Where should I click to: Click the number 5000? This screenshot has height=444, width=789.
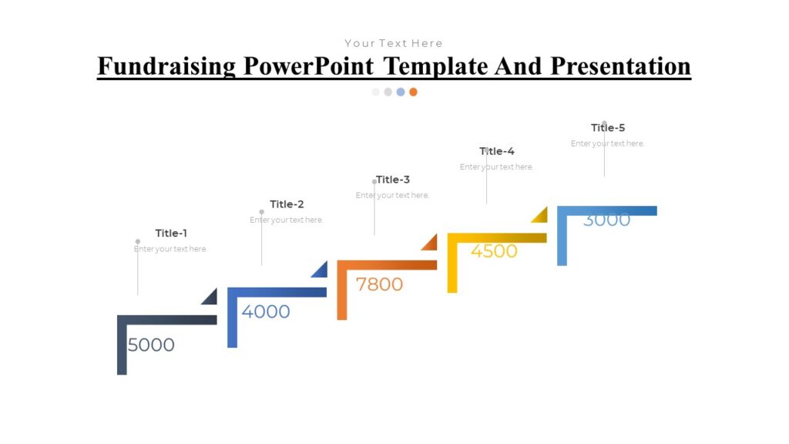click(151, 345)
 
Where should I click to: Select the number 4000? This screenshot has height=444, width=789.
click(266, 312)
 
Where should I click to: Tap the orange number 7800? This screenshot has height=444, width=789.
click(379, 284)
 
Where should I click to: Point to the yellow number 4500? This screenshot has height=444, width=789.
click(494, 251)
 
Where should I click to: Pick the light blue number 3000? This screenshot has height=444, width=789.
click(606, 220)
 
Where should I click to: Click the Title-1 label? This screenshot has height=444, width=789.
click(171, 234)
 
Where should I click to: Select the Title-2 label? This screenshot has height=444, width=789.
click(287, 204)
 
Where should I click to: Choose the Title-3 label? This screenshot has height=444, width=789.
click(393, 180)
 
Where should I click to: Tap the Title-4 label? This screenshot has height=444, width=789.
click(497, 151)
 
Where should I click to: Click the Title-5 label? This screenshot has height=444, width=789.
click(608, 128)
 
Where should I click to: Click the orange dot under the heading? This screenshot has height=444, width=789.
click(413, 92)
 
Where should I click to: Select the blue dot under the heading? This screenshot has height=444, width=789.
click(401, 92)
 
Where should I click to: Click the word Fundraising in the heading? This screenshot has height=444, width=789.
click(166, 66)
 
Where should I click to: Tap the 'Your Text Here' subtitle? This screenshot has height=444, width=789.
click(394, 43)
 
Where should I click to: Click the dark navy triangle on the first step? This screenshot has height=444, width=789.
click(211, 298)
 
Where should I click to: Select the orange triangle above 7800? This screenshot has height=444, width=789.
click(431, 244)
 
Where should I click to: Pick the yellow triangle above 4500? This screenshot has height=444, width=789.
click(541, 216)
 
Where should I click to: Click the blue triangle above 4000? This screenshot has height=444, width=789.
click(321, 271)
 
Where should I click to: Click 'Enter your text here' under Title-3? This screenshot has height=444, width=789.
click(392, 196)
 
